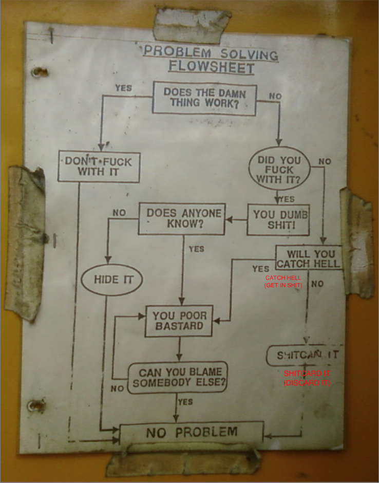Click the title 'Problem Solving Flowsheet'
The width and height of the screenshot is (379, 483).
[211, 60]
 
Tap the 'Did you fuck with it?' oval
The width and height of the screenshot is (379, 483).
[279, 169]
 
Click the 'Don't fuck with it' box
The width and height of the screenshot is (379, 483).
[99, 166]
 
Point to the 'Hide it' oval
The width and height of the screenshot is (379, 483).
[113, 280]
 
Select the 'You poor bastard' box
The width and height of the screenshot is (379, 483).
[179, 321]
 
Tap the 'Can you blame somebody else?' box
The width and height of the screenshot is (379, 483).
[177, 377]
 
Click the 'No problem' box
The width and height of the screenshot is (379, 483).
[192, 433]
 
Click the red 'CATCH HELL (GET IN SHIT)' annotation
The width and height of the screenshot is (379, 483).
[283, 281]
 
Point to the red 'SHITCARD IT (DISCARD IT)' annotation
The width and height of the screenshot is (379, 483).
[307, 378]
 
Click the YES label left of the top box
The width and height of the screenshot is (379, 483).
[123, 88]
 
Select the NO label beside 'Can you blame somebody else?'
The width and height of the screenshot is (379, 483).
[118, 388]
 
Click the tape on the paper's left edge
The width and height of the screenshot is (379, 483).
[25, 242]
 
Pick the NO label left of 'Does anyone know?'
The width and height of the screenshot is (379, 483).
[119, 212]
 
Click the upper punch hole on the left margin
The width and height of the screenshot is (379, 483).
[37, 71]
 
